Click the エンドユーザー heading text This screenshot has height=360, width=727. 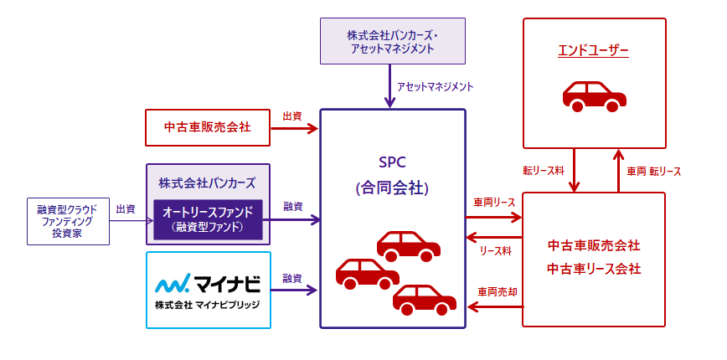pyautogui.click(x=593, y=51)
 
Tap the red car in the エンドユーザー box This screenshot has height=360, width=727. pyautogui.click(x=594, y=95)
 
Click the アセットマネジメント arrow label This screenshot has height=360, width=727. pyautogui.click(x=435, y=86)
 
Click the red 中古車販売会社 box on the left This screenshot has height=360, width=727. pyautogui.click(x=208, y=128)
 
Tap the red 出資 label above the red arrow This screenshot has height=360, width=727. pyautogui.click(x=292, y=116)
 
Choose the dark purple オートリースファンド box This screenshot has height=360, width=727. pyautogui.click(x=208, y=219)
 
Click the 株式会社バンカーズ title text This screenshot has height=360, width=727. pyautogui.click(x=207, y=182)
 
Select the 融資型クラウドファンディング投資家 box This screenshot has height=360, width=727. pyautogui.click(x=68, y=221)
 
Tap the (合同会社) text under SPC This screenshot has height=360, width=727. pyautogui.click(x=392, y=188)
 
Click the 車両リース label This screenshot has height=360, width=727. pyautogui.click(x=494, y=202)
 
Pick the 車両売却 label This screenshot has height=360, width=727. pyautogui.click(x=494, y=292)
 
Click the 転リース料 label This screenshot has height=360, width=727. pyautogui.click(x=541, y=171)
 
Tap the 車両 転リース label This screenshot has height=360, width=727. pyautogui.click(x=653, y=171)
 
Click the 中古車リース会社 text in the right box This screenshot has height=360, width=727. pyautogui.click(x=593, y=269)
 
